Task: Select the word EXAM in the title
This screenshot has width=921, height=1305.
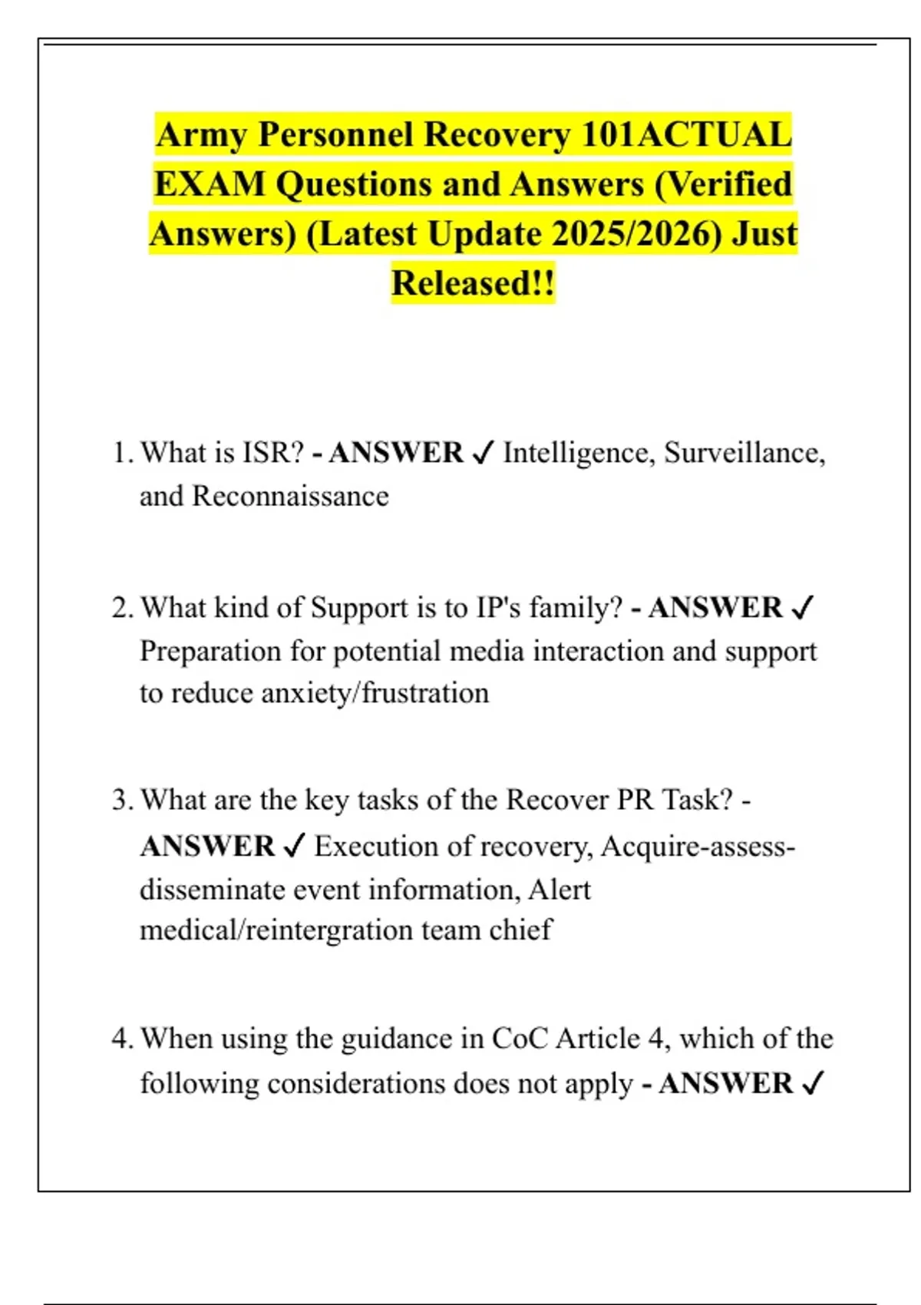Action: coord(209,185)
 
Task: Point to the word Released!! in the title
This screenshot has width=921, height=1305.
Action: coord(473,283)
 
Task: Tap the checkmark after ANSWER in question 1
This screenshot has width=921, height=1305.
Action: coord(483,454)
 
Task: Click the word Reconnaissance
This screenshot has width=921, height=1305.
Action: coord(290,496)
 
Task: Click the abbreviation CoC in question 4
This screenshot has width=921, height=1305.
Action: coord(520,1039)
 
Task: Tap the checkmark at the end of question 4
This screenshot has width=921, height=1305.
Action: coord(811,1084)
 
